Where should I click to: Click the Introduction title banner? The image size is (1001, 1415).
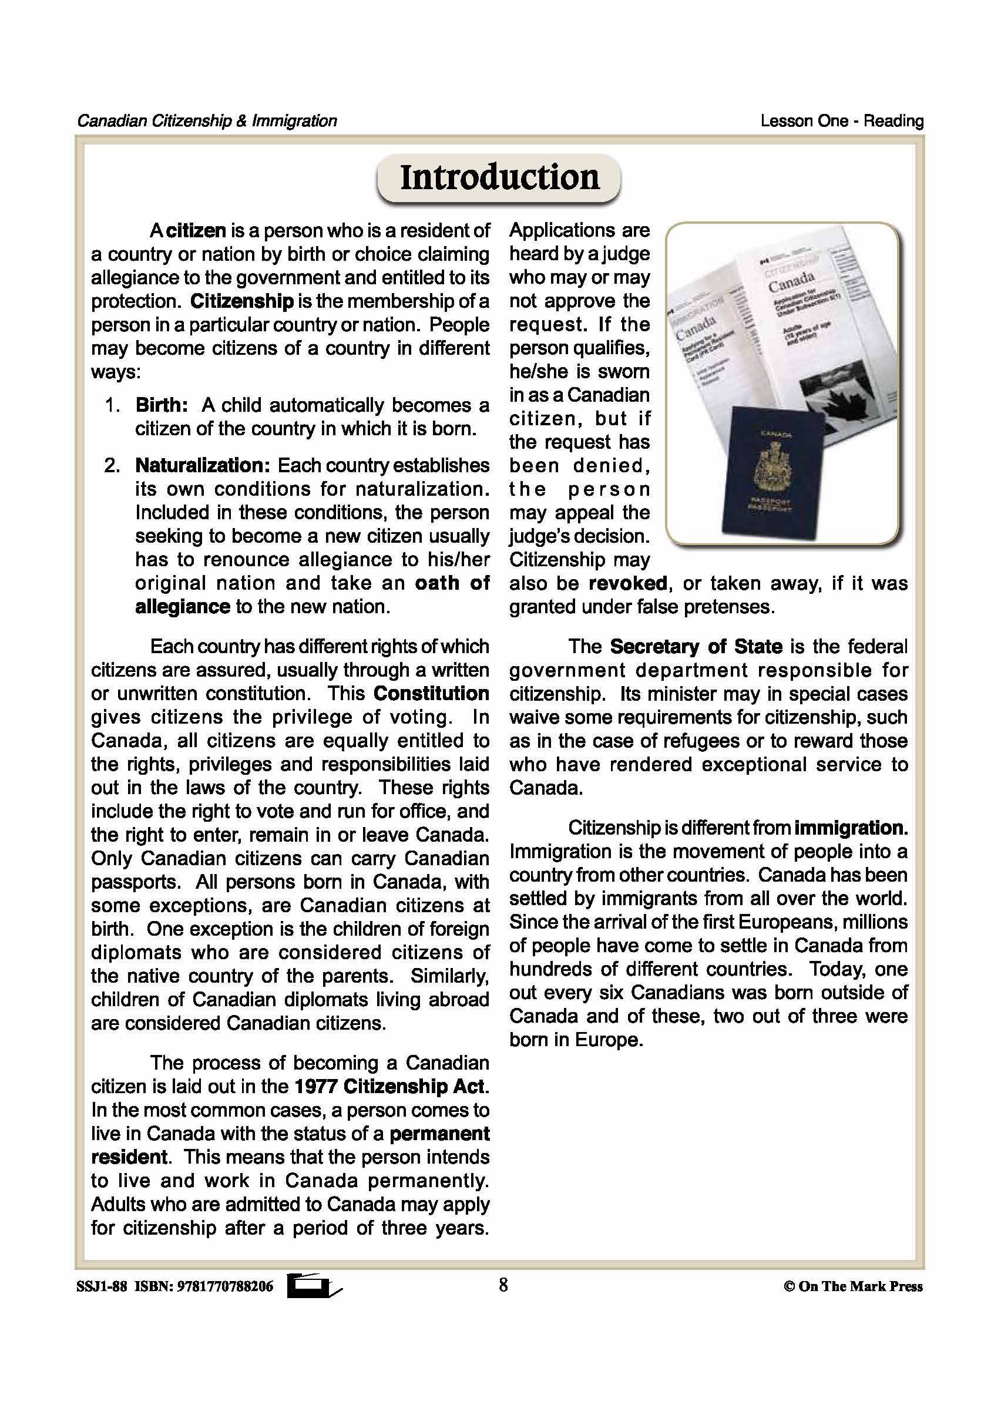click(499, 177)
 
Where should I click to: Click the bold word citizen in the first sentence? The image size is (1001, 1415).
click(196, 230)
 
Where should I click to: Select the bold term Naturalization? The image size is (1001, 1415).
click(202, 465)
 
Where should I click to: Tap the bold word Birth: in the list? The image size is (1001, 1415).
click(162, 405)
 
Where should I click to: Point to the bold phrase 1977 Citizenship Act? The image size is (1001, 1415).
click(390, 1086)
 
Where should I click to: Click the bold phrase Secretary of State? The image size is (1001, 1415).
click(696, 647)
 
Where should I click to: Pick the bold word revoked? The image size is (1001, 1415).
click(627, 583)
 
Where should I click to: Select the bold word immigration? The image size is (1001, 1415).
click(851, 828)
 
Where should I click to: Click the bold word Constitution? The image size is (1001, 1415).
click(431, 693)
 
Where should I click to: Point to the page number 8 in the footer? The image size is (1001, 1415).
click(503, 1285)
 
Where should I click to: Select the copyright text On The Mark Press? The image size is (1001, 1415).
click(859, 1286)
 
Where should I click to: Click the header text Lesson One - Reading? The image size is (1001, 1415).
click(841, 121)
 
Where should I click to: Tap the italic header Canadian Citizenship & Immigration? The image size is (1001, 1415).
click(207, 121)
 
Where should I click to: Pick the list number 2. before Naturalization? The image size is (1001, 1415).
click(112, 465)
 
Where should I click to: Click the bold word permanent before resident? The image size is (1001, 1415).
click(439, 1134)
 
